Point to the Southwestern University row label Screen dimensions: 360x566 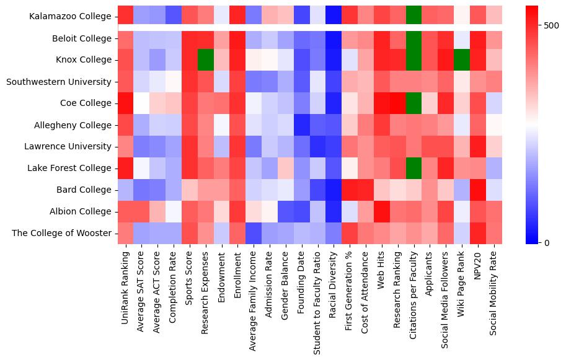60,82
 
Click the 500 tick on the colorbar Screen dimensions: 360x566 551,25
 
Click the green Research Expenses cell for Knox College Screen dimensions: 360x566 205,60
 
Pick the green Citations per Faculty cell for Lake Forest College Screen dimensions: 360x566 413,168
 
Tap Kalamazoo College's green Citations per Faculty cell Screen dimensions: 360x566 413,14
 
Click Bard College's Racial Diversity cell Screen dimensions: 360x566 334,190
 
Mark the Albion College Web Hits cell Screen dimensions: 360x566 381,211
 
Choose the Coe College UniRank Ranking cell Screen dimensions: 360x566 126,103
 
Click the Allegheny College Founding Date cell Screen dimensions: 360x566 301,125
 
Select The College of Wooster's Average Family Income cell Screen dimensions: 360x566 254,233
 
